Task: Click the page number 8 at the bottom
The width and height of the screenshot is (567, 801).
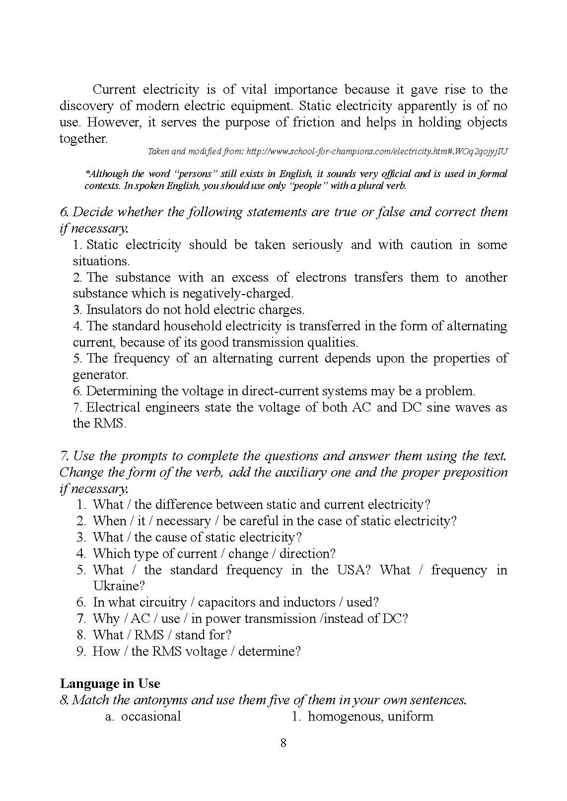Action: (x=283, y=743)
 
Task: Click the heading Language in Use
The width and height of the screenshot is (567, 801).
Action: (x=110, y=683)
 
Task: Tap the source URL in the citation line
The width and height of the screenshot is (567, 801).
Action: (x=377, y=151)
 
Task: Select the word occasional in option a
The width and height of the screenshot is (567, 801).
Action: (x=151, y=716)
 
